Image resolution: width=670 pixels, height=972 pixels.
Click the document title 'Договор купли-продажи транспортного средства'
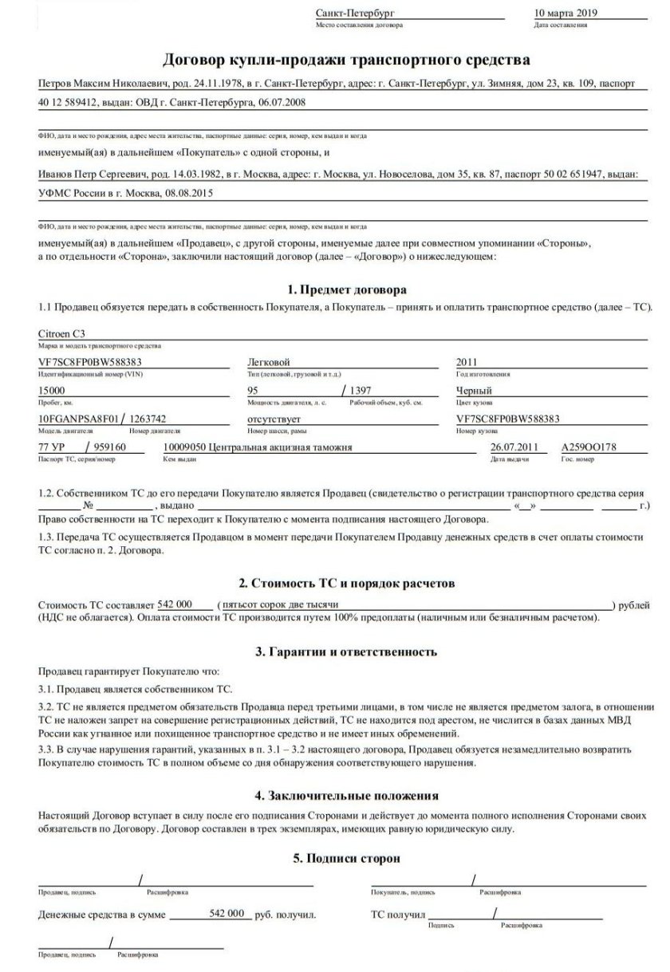tap(346, 59)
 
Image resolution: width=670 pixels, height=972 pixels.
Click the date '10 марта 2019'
tap(563, 14)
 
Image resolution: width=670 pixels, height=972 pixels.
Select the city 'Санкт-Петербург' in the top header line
tap(356, 14)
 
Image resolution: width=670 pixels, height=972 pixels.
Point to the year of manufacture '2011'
tap(467, 362)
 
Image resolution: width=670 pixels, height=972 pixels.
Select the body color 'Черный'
tap(474, 391)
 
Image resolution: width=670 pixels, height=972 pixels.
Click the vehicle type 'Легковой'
tap(269, 362)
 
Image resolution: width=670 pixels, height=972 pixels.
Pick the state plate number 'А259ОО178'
tap(589, 447)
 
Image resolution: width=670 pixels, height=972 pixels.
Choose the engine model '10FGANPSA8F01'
tap(77, 419)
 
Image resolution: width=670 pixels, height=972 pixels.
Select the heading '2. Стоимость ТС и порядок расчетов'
tap(346, 583)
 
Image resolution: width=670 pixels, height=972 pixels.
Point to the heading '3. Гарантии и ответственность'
tap(346, 651)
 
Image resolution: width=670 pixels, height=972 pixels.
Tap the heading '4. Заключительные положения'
tap(346, 795)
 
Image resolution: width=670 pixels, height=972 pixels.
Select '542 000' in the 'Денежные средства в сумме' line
tap(226, 914)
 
